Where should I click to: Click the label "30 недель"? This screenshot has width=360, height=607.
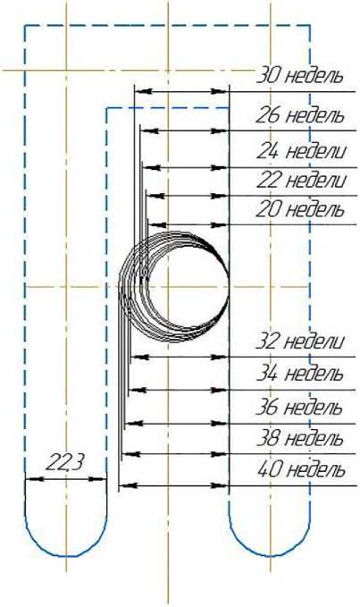tap(300, 76)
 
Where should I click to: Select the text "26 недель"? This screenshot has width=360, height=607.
tap(300, 115)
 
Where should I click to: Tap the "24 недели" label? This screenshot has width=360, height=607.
tap(301, 151)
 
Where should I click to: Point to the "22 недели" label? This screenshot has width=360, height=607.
tap(301, 181)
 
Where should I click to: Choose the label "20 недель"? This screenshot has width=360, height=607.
tap(300, 209)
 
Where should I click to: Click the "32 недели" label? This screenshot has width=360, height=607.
tap(300, 341)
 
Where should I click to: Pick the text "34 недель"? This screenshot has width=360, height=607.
tap(300, 374)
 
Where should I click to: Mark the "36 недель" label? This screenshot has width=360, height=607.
tap(299, 408)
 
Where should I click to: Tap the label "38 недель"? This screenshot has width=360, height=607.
tap(300, 439)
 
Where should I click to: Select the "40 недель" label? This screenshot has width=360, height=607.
tap(301, 470)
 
